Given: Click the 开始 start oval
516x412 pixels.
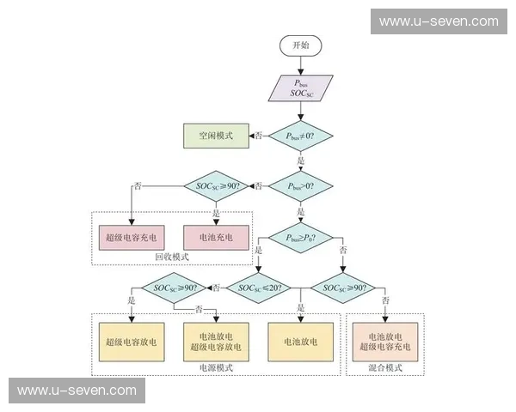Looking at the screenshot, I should point(300,45).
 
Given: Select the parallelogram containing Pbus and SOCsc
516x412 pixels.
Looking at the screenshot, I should point(300,88).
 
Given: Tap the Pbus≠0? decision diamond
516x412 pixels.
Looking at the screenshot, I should point(300,136).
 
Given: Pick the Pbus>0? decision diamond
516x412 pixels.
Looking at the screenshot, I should point(300,185).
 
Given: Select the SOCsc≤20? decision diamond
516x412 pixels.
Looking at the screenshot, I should point(257,288).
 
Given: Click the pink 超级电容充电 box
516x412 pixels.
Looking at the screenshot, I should point(132,236).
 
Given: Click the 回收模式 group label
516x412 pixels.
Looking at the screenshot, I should point(171,257).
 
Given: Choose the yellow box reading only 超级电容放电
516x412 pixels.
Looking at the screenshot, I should point(132,342).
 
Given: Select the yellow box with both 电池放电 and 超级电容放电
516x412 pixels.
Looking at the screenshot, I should point(216,342).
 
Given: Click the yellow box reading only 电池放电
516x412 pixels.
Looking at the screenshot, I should point(300,342).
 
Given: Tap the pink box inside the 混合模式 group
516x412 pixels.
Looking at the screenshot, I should point(385,342).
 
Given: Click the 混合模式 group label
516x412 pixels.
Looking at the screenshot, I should point(385,367).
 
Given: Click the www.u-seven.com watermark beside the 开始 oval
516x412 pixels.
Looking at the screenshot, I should point(438,21).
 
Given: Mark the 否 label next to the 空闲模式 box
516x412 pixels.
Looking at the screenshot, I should point(257,136).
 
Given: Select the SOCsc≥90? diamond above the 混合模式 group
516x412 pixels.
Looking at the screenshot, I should point(344,288).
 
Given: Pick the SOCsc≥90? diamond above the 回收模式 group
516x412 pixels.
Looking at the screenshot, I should point(216,185).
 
